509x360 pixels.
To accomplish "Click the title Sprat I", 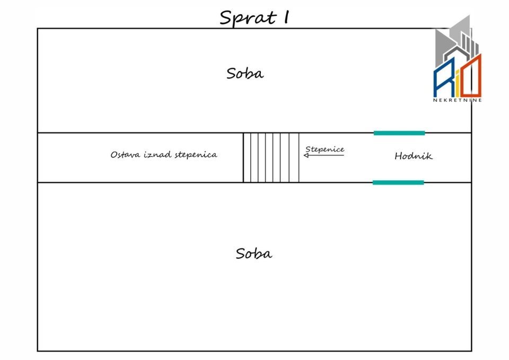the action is pyautogui.click(x=254, y=17).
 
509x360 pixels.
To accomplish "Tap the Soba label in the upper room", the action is pyautogui.click(x=245, y=73).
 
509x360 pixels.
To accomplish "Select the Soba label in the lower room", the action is pyautogui.click(x=254, y=253).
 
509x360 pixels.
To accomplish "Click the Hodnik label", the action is pyautogui.click(x=414, y=156).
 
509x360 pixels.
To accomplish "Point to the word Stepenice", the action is pyautogui.click(x=324, y=150).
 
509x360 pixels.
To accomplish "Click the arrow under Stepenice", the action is pyautogui.click(x=323, y=155).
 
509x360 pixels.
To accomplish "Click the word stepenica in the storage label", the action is pyautogui.click(x=196, y=155).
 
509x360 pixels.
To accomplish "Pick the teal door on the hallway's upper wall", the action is pyautogui.click(x=399, y=133).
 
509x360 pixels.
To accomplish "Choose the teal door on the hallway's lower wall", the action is pyautogui.click(x=398, y=182).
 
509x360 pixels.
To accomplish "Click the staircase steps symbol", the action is pyautogui.click(x=271, y=157).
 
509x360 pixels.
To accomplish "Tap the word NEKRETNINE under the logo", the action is pyautogui.click(x=458, y=100).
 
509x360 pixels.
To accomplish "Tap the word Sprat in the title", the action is pyautogui.click(x=248, y=18).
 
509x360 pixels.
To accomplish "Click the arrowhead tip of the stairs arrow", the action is pyautogui.click(x=304, y=155).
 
